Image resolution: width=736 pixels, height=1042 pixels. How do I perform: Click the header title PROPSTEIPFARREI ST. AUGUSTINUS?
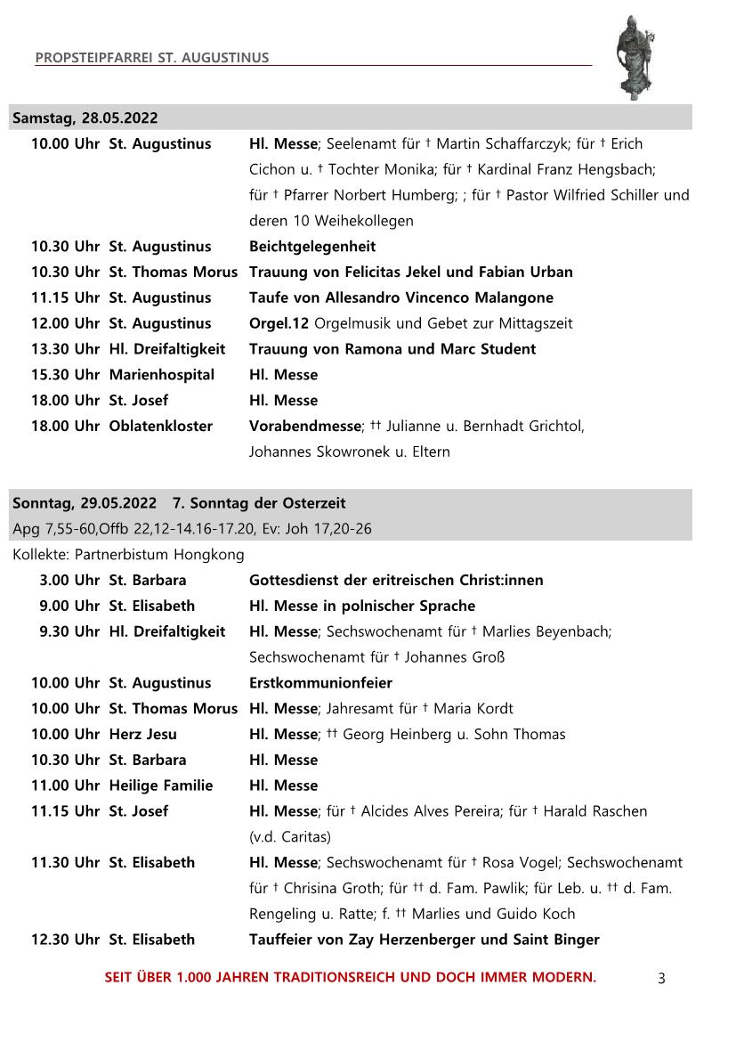tap(152, 58)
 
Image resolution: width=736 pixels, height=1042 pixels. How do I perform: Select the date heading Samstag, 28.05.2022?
tap(85, 118)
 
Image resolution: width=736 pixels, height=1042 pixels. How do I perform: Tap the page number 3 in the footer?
tap(661, 979)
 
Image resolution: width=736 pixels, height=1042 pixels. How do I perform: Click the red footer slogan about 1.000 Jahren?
tap(351, 977)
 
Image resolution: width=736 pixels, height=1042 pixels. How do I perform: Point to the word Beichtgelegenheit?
tap(312, 247)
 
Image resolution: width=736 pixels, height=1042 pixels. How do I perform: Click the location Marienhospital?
tap(162, 375)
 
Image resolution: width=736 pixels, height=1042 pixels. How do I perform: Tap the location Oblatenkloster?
tap(161, 427)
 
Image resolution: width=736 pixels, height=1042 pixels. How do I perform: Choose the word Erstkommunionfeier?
tap(320, 683)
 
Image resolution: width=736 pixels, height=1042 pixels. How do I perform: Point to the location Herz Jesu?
tap(143, 735)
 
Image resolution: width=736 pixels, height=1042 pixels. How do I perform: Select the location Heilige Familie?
tap(161, 786)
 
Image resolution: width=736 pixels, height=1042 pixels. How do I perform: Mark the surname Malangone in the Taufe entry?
tap(511, 297)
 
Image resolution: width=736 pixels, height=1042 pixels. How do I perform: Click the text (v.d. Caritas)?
tap(290, 837)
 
